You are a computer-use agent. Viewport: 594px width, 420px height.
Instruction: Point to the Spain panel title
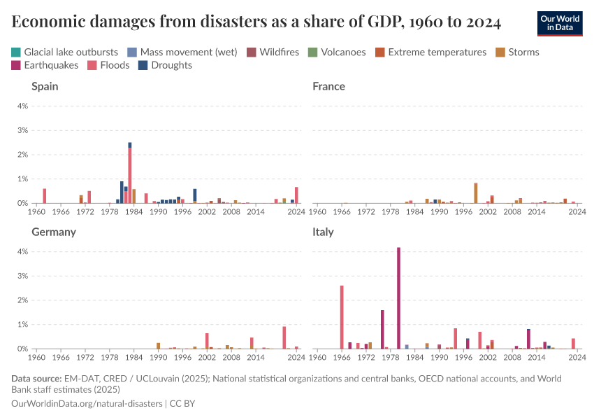coord(45,87)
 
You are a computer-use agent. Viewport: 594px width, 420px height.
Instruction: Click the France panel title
coord(328,87)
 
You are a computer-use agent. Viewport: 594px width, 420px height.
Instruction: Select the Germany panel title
coord(54,232)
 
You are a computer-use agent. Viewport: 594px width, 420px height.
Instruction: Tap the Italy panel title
coord(324,232)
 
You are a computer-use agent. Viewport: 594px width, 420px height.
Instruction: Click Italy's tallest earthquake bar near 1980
coord(398,297)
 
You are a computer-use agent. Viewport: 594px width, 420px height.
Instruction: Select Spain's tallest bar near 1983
coord(130,175)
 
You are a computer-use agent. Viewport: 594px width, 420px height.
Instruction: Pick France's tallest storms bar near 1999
coord(476,193)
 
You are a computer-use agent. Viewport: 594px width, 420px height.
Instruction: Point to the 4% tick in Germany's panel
coord(22,251)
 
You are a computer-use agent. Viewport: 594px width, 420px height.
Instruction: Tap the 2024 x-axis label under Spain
coord(296,211)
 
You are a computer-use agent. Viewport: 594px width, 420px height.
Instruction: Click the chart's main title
coord(256,22)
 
